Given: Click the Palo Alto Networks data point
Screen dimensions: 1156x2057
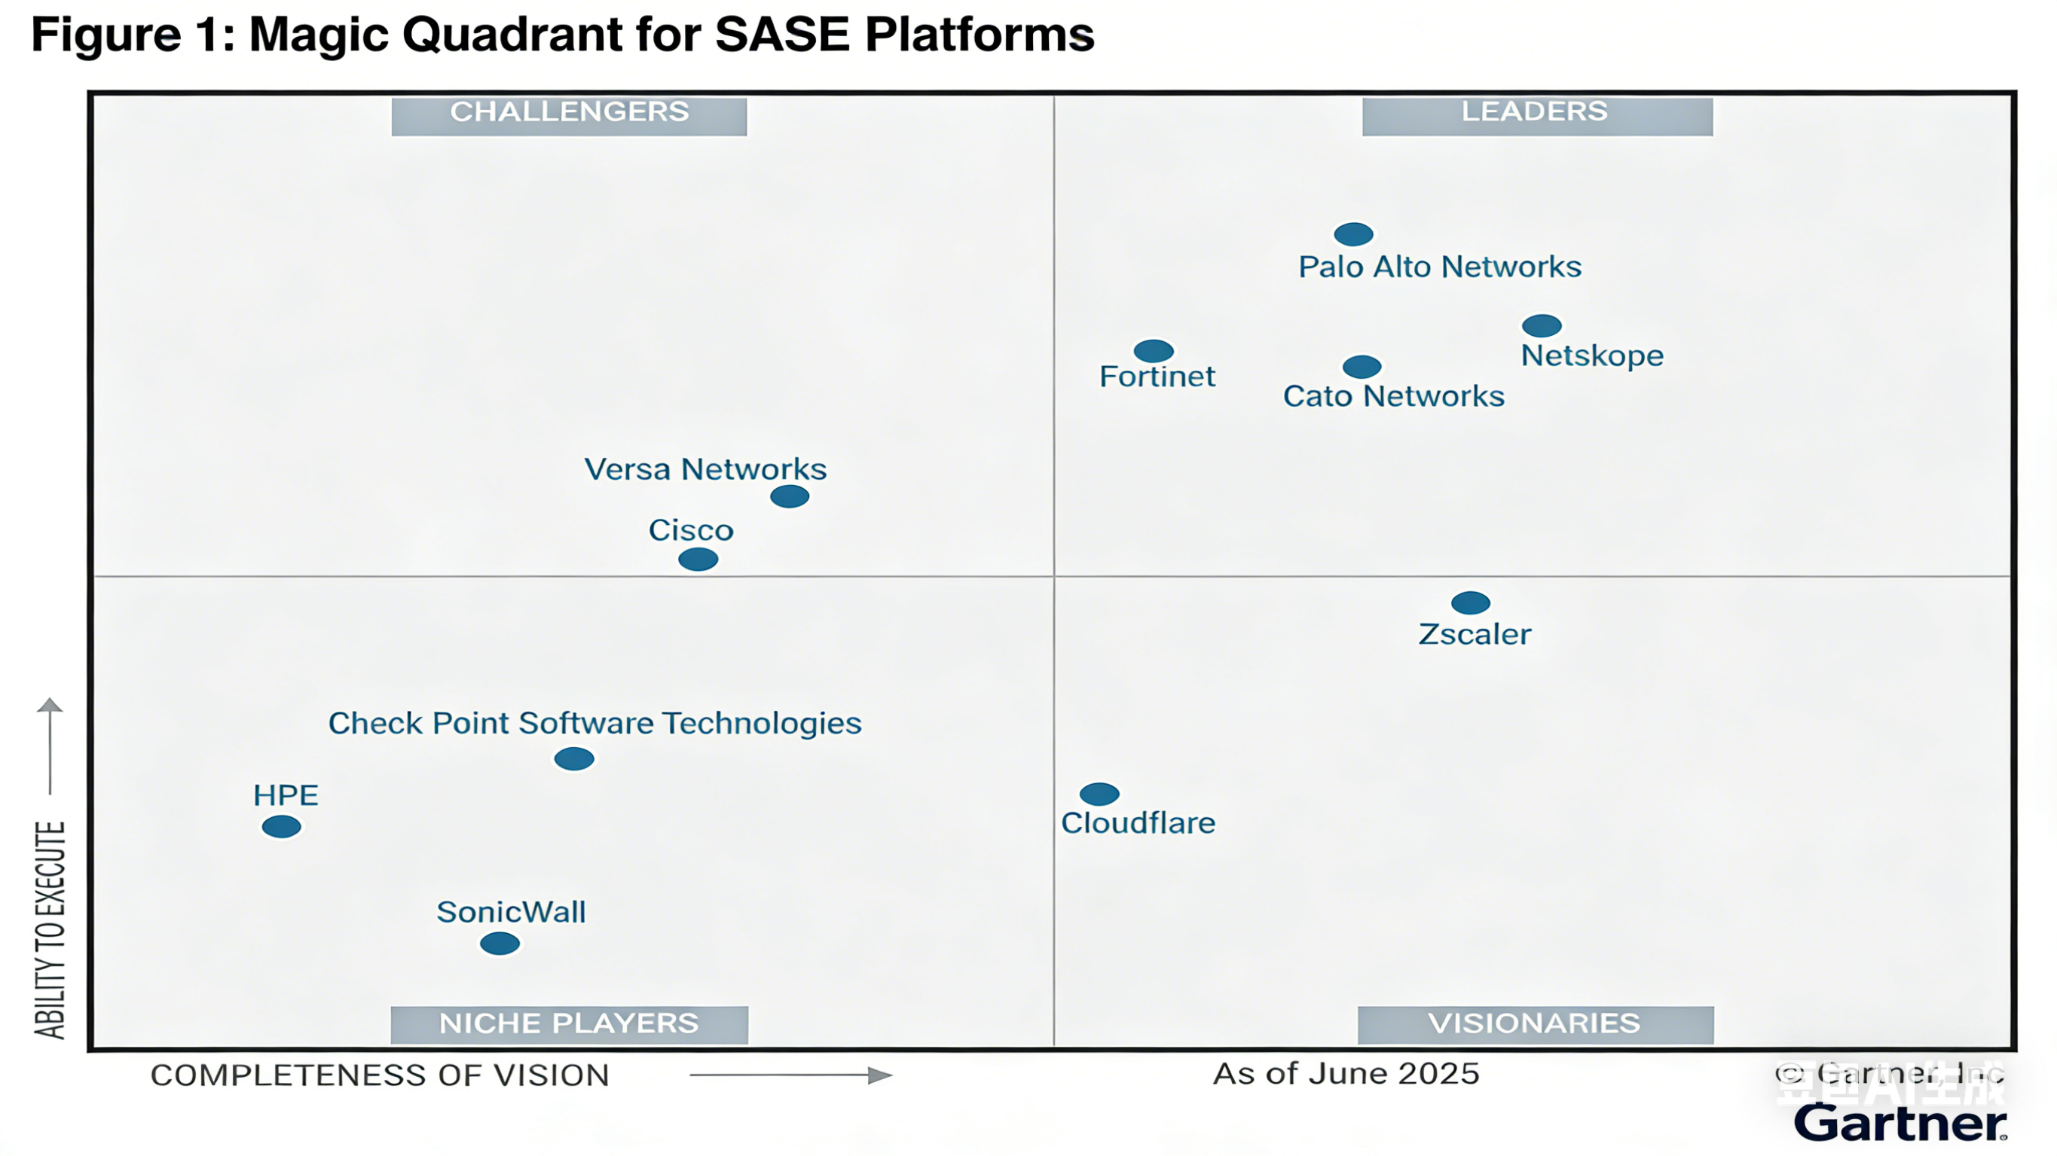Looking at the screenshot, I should [x=1353, y=234].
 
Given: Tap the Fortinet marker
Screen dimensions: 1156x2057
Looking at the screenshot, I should [x=1153, y=350].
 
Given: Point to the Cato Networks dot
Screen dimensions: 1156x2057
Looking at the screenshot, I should [x=1362, y=367].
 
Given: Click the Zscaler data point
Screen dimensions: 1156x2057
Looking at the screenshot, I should [x=1470, y=602].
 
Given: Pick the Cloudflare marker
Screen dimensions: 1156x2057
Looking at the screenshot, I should [x=1099, y=794].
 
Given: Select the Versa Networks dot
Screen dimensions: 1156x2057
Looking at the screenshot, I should [x=789, y=496].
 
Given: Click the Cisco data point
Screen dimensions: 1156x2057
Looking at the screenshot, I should [x=698, y=560].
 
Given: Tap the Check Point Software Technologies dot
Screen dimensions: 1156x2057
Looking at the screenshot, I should [x=573, y=758].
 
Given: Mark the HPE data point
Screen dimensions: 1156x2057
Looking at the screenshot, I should [x=281, y=826].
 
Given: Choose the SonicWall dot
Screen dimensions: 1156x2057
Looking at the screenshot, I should [x=500, y=944].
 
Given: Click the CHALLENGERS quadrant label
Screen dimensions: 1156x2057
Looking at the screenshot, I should [x=569, y=112].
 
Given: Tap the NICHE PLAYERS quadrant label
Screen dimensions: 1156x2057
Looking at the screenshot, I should [x=569, y=1023].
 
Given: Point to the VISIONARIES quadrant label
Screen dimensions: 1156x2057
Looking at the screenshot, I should [x=1533, y=1023].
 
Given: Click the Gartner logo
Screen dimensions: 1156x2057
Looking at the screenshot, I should [x=1900, y=1124].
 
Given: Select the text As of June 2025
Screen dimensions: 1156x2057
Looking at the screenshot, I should [x=1346, y=1074].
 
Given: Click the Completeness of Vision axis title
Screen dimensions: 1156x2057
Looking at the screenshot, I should [x=379, y=1075].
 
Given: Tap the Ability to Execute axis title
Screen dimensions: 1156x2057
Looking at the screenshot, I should [x=50, y=929].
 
